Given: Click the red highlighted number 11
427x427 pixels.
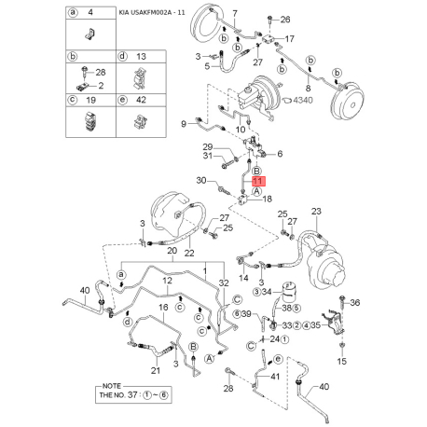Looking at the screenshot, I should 258,181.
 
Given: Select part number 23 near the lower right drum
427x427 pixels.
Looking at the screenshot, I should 315,212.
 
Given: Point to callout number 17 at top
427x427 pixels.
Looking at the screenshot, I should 289,39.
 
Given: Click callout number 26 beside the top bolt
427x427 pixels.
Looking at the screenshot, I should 285,19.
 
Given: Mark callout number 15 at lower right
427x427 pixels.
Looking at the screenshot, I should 341,360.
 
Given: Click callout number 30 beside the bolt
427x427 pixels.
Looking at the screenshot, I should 201,180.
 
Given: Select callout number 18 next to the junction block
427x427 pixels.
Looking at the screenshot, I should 267,200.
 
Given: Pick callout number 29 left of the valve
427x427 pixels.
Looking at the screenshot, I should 208,146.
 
